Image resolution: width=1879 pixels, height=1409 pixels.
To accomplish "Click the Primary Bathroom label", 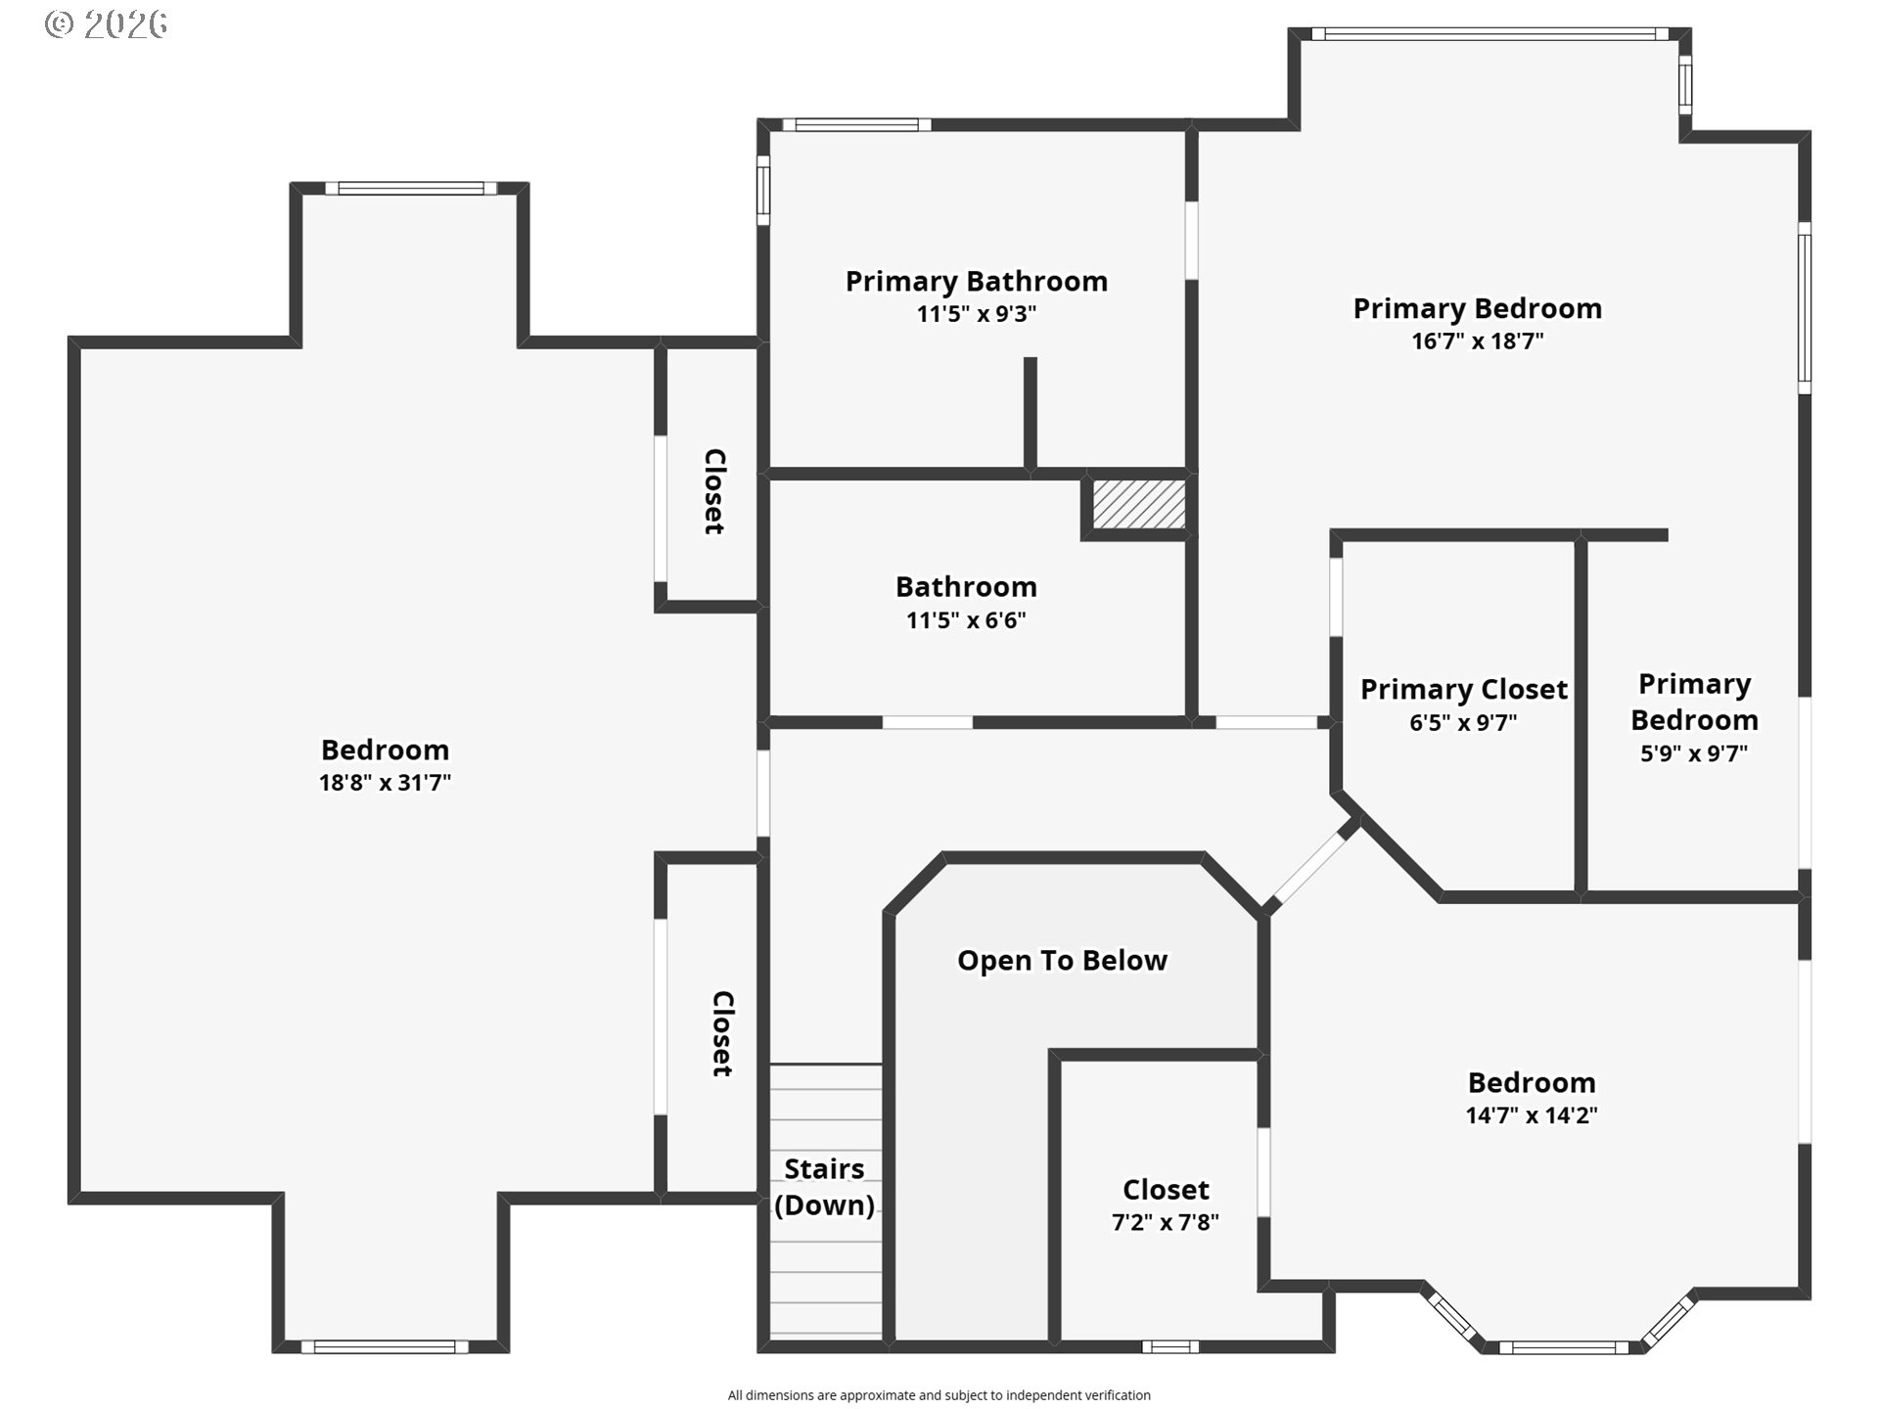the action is (977, 282).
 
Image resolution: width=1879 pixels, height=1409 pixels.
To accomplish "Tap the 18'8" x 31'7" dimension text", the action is (385, 783).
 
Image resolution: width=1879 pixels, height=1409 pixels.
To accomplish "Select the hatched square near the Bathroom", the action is (1138, 505).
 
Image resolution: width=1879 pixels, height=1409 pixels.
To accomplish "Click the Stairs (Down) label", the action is (825, 1187).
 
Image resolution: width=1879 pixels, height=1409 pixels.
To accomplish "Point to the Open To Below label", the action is (1062, 961).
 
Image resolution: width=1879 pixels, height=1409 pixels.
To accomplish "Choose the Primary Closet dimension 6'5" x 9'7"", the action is (1463, 723).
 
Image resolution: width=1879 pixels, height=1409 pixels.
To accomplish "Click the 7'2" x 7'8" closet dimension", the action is (1166, 1222).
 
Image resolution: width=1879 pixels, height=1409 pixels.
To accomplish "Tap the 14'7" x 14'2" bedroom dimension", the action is (1532, 1115).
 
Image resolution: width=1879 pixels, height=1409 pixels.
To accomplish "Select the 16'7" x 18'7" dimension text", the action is (1478, 341).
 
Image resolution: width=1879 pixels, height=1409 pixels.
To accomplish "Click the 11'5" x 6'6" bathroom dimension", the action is (966, 620).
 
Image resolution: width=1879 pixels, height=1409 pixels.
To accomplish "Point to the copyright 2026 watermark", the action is (106, 24).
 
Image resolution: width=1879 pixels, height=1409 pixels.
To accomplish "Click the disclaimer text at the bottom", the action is (939, 1395).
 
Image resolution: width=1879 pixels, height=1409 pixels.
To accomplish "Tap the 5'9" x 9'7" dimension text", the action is (1694, 753).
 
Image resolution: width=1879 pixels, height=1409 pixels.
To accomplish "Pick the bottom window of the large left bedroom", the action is (385, 1347).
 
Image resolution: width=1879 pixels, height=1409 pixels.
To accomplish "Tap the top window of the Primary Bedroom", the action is (1489, 34).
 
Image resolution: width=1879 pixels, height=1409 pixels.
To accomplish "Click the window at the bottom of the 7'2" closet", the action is (1170, 1347).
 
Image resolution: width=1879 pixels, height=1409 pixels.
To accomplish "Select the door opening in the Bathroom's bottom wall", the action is (928, 723).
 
